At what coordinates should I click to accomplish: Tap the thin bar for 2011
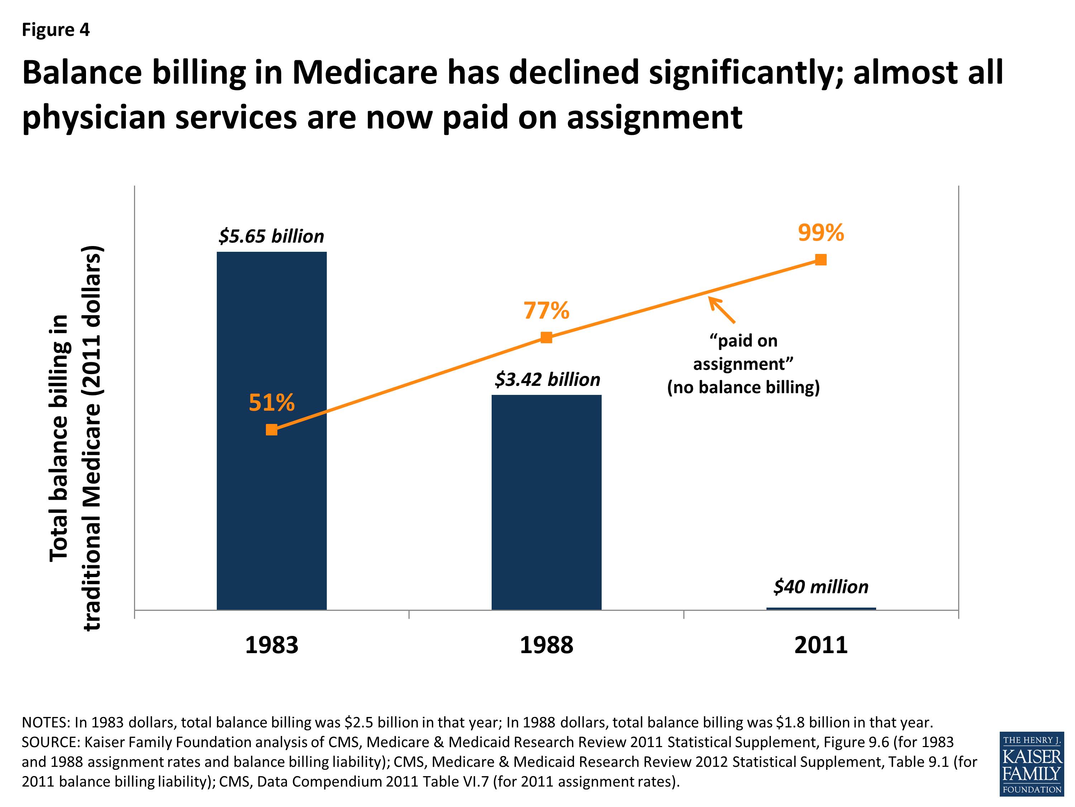coord(821,608)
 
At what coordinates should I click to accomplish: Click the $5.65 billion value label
coord(271,236)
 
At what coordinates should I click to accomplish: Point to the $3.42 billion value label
coord(547,379)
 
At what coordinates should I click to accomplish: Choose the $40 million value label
coord(821,587)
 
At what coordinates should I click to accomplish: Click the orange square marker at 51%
coord(272,430)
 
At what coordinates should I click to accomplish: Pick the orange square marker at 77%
coord(546,337)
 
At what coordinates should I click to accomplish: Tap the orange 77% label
coord(546,310)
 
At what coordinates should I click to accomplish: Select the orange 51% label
coord(271,402)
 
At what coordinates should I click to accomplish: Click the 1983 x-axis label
coord(271,646)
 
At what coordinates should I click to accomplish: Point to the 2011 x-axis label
coord(821,646)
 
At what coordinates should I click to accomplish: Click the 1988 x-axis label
coord(546,646)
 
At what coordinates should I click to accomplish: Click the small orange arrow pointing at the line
coord(722,310)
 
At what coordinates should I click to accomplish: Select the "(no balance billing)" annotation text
coord(743,387)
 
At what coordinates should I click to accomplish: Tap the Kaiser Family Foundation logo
coord(1031,764)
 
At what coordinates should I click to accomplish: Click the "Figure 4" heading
coord(56,30)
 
